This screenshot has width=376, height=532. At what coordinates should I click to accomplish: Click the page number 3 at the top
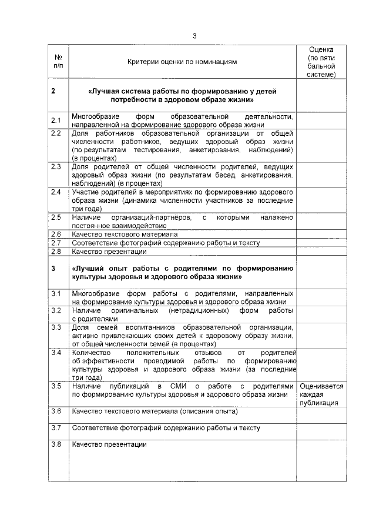pyautogui.click(x=194, y=36)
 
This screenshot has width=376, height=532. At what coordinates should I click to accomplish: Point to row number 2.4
pyautogui.click(x=56, y=192)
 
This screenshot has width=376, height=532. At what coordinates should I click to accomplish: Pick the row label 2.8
pyautogui.click(x=56, y=252)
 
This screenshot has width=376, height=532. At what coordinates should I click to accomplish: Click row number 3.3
pyautogui.click(x=56, y=327)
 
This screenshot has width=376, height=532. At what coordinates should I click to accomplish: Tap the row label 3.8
pyautogui.click(x=56, y=444)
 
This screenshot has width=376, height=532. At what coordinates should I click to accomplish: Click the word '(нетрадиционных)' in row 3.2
pyautogui.click(x=199, y=310)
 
